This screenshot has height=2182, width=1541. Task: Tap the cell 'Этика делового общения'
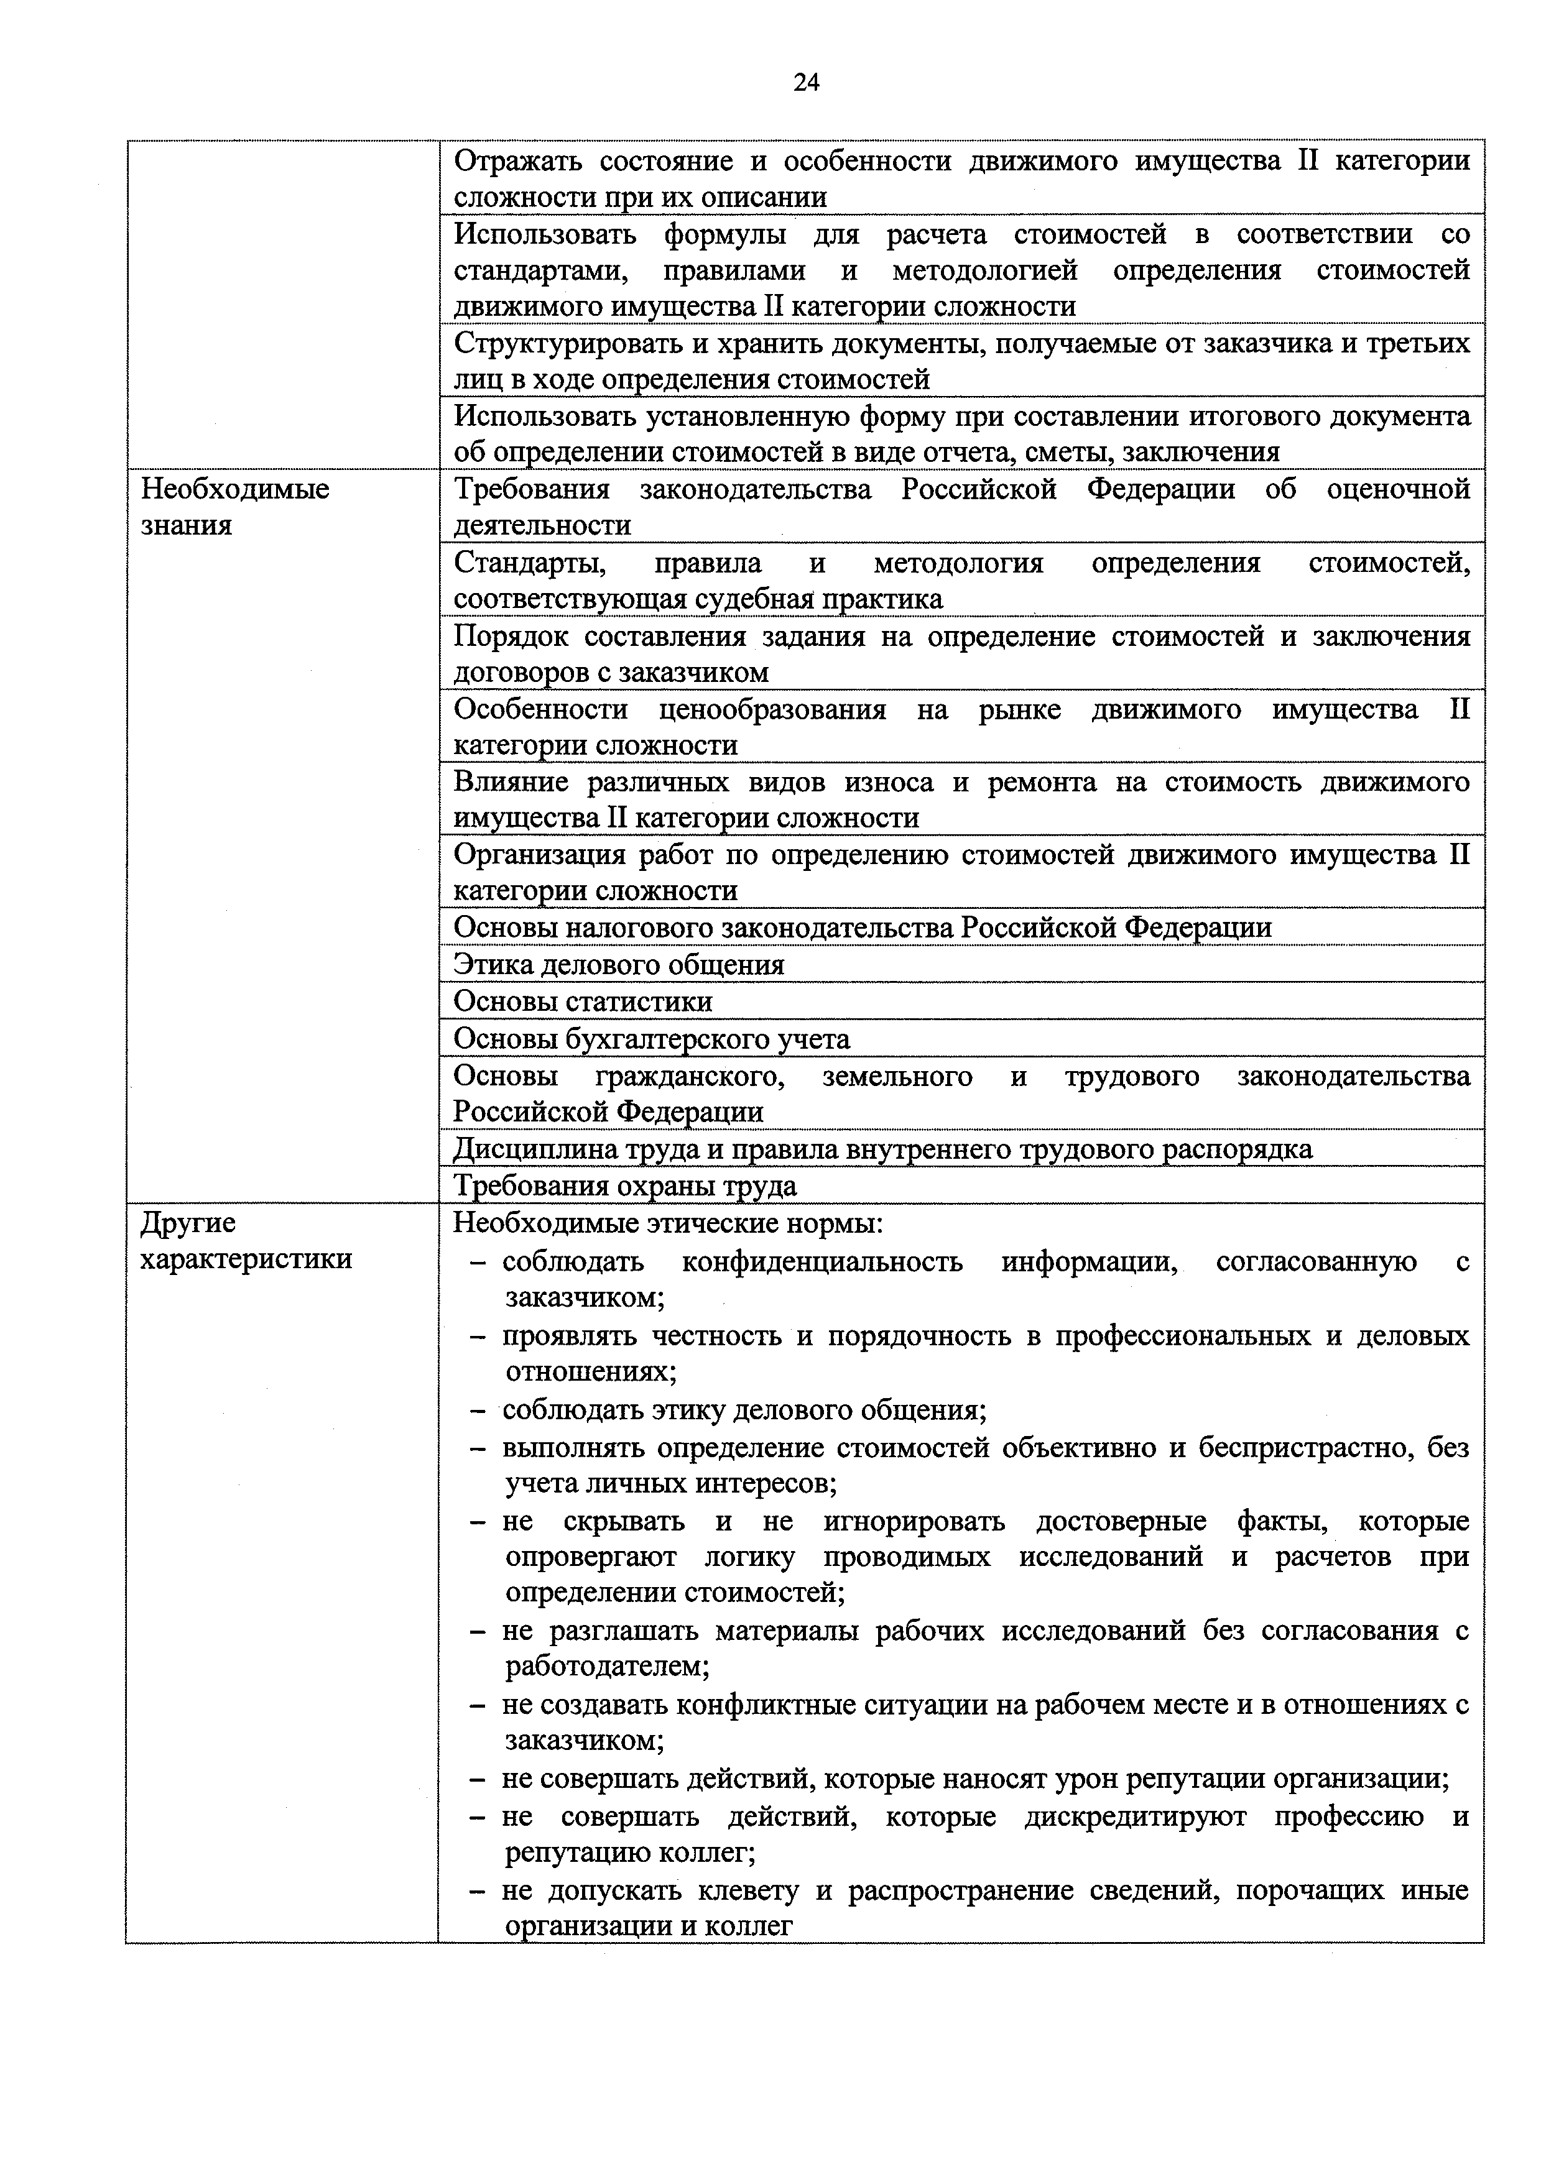click(619, 965)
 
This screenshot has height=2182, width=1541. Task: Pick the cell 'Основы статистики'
click(583, 1001)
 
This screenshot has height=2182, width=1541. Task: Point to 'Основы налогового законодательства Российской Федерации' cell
click(863, 928)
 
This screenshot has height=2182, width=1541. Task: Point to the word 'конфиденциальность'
click(821, 1262)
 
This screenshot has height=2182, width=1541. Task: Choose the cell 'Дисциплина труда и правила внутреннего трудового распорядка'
click(882, 1149)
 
